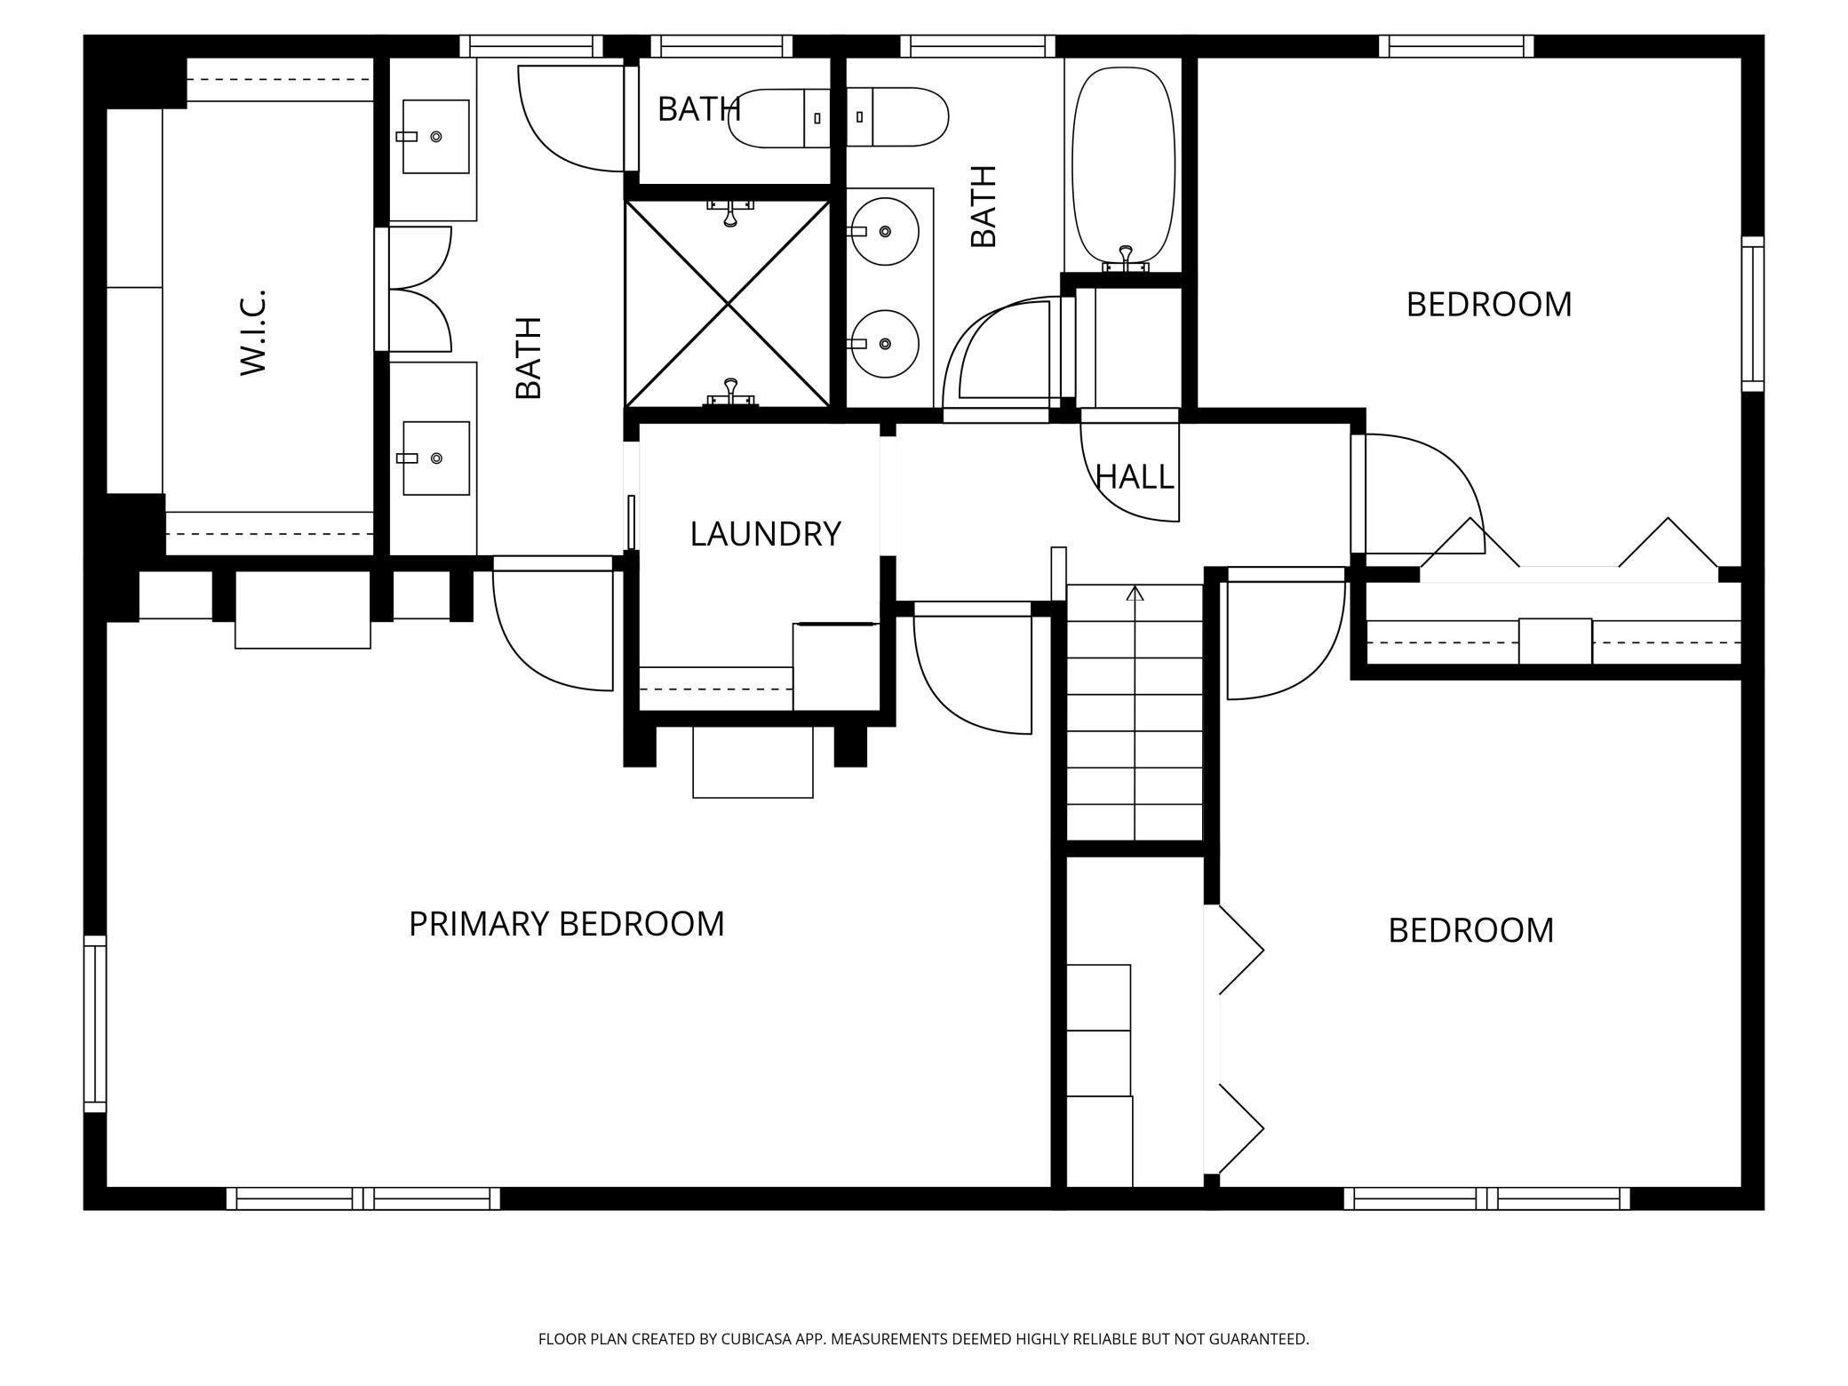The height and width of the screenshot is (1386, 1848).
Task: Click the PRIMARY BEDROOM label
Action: [x=566, y=924]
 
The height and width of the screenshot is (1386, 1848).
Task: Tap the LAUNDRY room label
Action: [x=765, y=533]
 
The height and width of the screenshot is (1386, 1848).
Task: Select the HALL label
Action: [x=1135, y=477]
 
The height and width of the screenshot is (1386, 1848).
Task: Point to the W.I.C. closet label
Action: [x=254, y=331]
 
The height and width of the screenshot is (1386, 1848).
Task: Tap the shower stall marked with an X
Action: [x=728, y=304]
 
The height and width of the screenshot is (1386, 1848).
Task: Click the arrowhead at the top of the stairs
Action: [x=1135, y=593]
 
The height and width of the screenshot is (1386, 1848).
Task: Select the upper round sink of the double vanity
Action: [x=884, y=231]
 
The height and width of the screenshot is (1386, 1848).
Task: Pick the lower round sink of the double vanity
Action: [x=884, y=344]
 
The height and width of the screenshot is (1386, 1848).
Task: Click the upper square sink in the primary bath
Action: [x=435, y=136]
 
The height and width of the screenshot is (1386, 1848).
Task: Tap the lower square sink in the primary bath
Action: [x=435, y=458]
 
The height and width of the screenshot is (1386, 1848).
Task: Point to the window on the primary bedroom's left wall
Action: [x=95, y=1024]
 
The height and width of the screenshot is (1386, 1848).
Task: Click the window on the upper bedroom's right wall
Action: [x=1752, y=314]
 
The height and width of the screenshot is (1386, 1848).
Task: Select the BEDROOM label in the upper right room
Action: [x=1489, y=305]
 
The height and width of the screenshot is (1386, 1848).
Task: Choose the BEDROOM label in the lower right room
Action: [x=1471, y=931]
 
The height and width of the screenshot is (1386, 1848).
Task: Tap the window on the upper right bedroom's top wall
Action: [x=1457, y=46]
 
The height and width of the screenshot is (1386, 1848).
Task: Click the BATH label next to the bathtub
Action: [x=984, y=206]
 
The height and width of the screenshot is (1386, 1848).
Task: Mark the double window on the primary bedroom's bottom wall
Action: [x=363, y=1199]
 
